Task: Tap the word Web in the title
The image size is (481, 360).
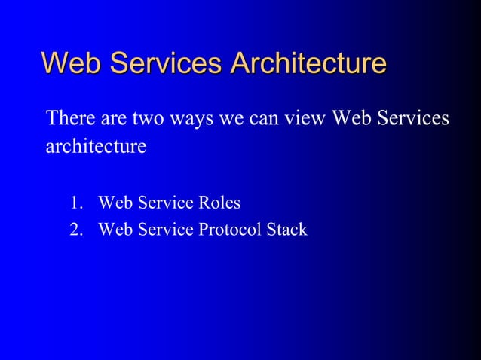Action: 72,63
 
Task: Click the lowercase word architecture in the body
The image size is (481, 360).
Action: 96,146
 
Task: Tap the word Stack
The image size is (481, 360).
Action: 286,229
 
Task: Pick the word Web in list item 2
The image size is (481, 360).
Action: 115,229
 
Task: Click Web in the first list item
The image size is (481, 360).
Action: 115,203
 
